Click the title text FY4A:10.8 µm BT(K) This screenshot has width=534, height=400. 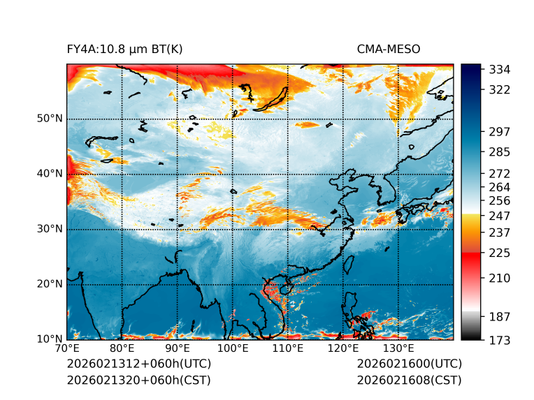[x=124, y=49]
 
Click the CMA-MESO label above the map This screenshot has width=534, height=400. [x=389, y=49]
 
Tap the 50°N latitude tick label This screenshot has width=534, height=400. [x=50, y=118]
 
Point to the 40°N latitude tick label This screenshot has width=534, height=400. [x=50, y=173]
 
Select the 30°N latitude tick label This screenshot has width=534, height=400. [x=50, y=228]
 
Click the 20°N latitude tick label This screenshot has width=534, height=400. [x=50, y=283]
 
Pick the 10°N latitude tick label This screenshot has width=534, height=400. [x=50, y=339]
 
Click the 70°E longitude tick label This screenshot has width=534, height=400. [x=67, y=348]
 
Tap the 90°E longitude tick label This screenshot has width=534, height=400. [x=178, y=348]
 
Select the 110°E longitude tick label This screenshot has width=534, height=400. [x=288, y=348]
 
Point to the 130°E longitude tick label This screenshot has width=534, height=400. [x=398, y=348]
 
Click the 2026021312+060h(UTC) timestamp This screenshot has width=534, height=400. [x=138, y=364]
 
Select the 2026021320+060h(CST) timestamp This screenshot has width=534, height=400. [x=138, y=380]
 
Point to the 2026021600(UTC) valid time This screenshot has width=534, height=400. [x=409, y=364]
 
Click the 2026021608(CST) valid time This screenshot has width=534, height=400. [x=409, y=380]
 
